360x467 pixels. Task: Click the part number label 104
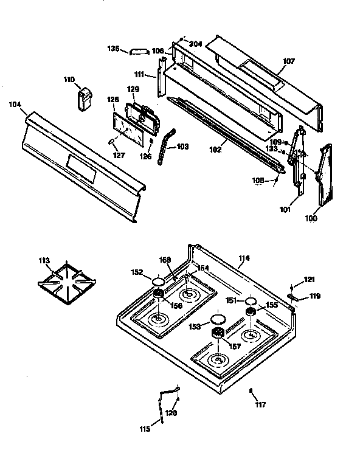[15, 105]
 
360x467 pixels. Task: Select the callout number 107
[289, 61]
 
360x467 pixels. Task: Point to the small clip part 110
[83, 98]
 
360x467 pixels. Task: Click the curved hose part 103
[164, 146]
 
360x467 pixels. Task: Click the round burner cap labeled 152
[158, 282]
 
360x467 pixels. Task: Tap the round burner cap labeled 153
[217, 320]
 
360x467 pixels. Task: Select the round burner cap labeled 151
[250, 301]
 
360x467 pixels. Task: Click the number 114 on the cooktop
[243, 258]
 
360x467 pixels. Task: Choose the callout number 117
[260, 404]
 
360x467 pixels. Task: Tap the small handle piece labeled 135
[137, 51]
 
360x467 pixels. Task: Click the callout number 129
[133, 89]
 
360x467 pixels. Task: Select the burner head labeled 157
[217, 333]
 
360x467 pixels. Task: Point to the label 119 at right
[314, 297]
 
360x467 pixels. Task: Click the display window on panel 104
[80, 168]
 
